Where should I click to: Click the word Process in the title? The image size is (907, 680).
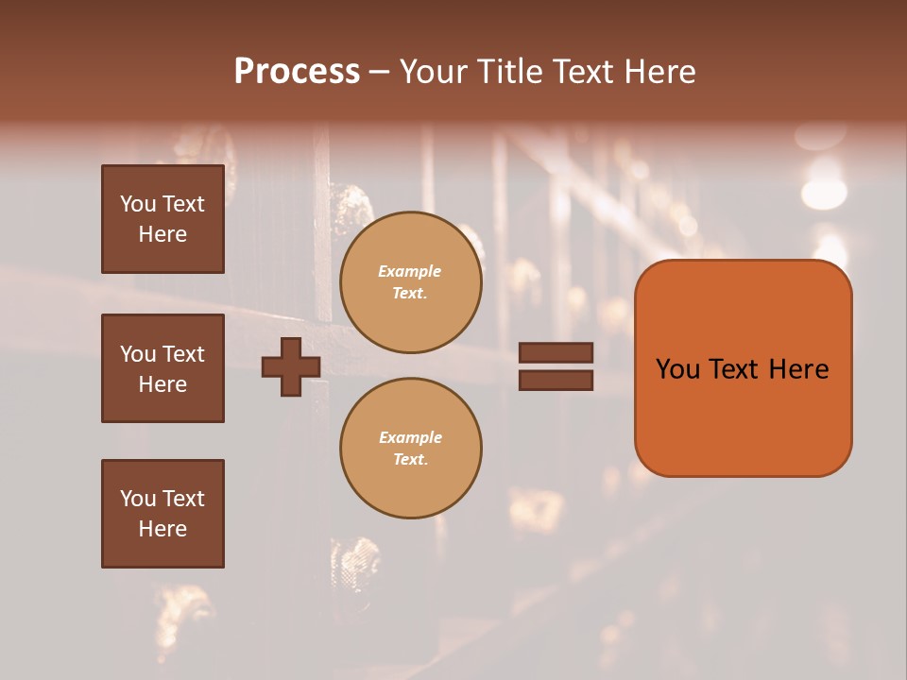[297, 72]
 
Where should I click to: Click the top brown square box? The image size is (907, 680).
[163, 219]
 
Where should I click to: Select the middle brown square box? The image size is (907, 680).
[163, 367]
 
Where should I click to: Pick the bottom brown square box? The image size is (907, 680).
[163, 513]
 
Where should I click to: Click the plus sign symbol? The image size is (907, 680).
[291, 367]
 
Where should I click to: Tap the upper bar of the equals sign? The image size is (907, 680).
[556, 353]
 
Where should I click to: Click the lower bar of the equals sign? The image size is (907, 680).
[556, 380]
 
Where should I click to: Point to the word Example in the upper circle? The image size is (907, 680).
[410, 271]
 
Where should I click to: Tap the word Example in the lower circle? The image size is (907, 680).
[410, 437]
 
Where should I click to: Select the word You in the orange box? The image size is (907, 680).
[677, 368]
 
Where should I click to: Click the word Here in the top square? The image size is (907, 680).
[163, 234]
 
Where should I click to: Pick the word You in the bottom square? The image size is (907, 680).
[137, 498]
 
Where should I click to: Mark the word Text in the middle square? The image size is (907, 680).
[183, 353]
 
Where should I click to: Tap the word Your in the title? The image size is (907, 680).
[435, 72]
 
